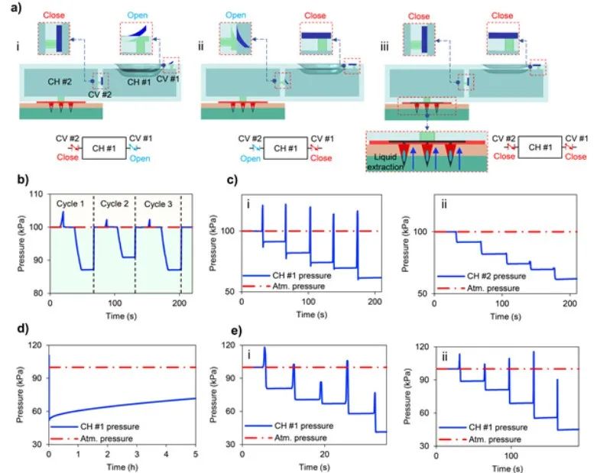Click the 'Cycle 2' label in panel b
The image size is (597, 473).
pyautogui.click(x=112, y=204)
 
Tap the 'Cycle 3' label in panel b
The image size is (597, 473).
pyautogui.click(x=156, y=204)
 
